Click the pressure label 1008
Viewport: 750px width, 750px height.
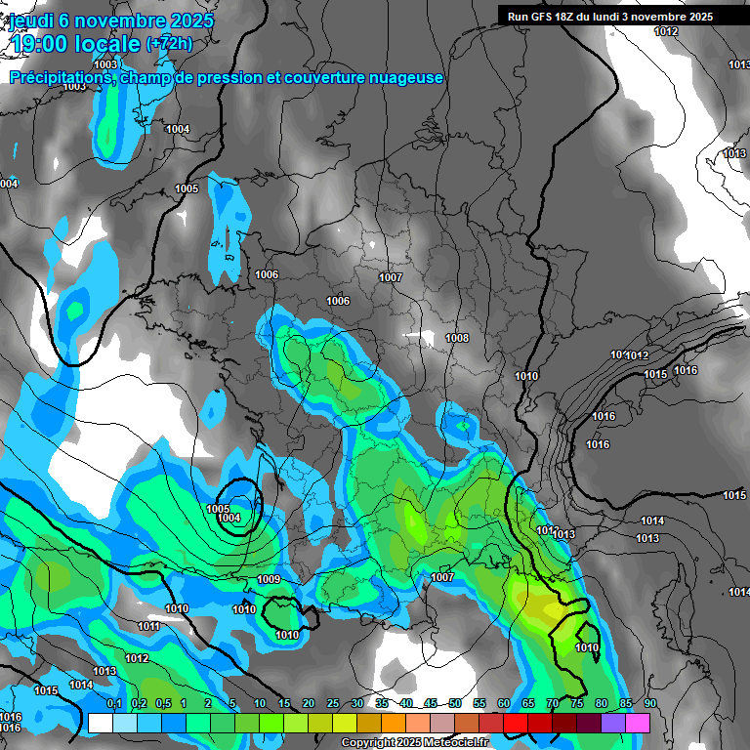coord(457,338)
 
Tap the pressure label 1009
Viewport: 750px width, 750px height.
coord(270,580)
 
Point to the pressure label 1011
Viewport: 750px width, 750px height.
coord(148,626)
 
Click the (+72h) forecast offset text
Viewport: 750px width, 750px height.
coord(169,44)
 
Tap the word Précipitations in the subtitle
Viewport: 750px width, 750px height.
coord(59,78)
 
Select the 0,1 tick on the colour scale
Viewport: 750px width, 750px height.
coord(113,704)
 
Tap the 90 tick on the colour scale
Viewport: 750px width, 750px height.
coord(650,704)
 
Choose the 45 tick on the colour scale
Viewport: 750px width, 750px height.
coord(431,704)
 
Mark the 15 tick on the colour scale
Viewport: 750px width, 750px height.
coord(284,704)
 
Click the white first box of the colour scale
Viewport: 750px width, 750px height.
coord(101,723)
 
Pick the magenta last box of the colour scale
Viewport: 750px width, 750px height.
coord(638,723)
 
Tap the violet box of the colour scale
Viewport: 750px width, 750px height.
coord(613,723)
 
